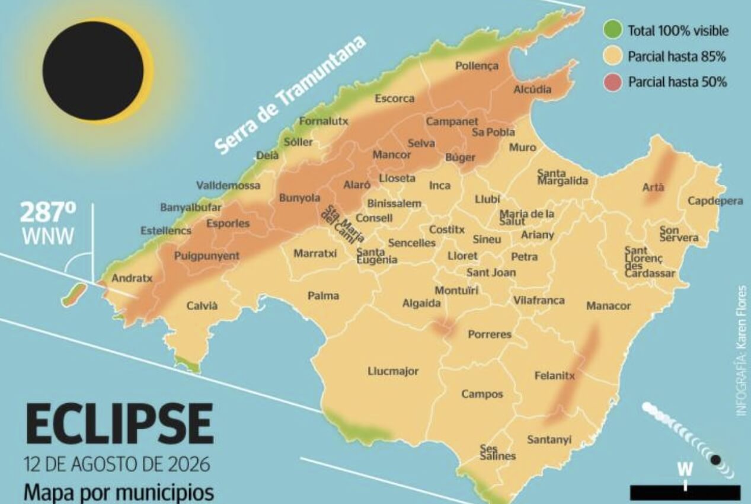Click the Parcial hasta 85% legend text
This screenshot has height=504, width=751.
click(677, 57)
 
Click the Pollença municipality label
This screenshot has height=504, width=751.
click(477, 66)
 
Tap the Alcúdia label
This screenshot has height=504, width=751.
click(532, 90)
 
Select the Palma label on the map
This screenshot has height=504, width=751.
click(323, 295)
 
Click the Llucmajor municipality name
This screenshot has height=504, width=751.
click(393, 371)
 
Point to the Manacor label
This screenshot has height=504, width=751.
click(608, 306)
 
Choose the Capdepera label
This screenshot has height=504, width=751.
click(715, 201)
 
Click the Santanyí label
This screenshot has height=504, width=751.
click(549, 439)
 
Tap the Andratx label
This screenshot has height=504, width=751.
click(132, 277)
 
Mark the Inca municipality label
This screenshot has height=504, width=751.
click(439, 186)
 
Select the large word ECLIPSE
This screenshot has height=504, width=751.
click(119, 425)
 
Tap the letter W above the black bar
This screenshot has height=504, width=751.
click(685, 469)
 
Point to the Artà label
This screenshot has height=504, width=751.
click(653, 187)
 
